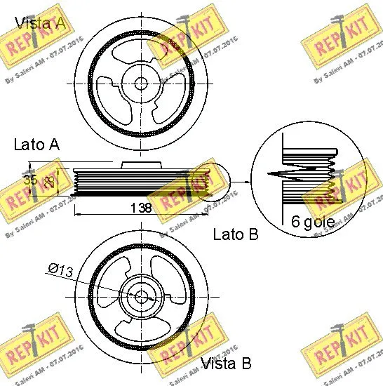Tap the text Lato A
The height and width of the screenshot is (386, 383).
click(x=36, y=145)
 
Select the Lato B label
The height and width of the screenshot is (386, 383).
click(x=235, y=234)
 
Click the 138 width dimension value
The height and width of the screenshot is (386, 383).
click(x=143, y=207)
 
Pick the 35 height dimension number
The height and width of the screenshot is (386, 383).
click(x=30, y=180)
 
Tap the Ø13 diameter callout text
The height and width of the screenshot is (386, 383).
click(x=61, y=267)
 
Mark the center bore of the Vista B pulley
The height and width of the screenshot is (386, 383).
click(x=140, y=296)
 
